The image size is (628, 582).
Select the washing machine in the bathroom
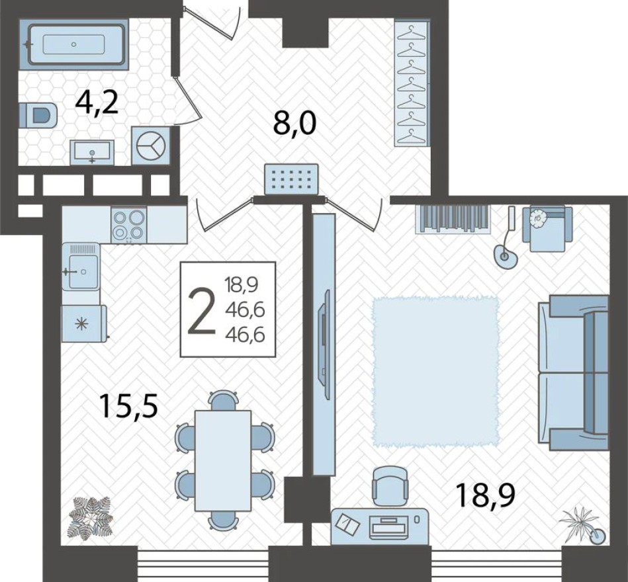(152, 145)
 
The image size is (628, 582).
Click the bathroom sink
(92, 152)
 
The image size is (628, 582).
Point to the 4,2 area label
(97, 104)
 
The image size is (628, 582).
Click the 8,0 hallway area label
(295, 123)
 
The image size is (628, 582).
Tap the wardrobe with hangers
(412, 83)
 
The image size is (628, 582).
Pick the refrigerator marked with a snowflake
(82, 323)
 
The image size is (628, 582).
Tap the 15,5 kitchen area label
(128, 405)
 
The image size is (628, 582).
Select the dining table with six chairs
(224, 460)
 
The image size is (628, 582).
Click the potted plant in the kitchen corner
(90, 518)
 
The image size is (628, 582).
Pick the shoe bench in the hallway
(292, 179)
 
